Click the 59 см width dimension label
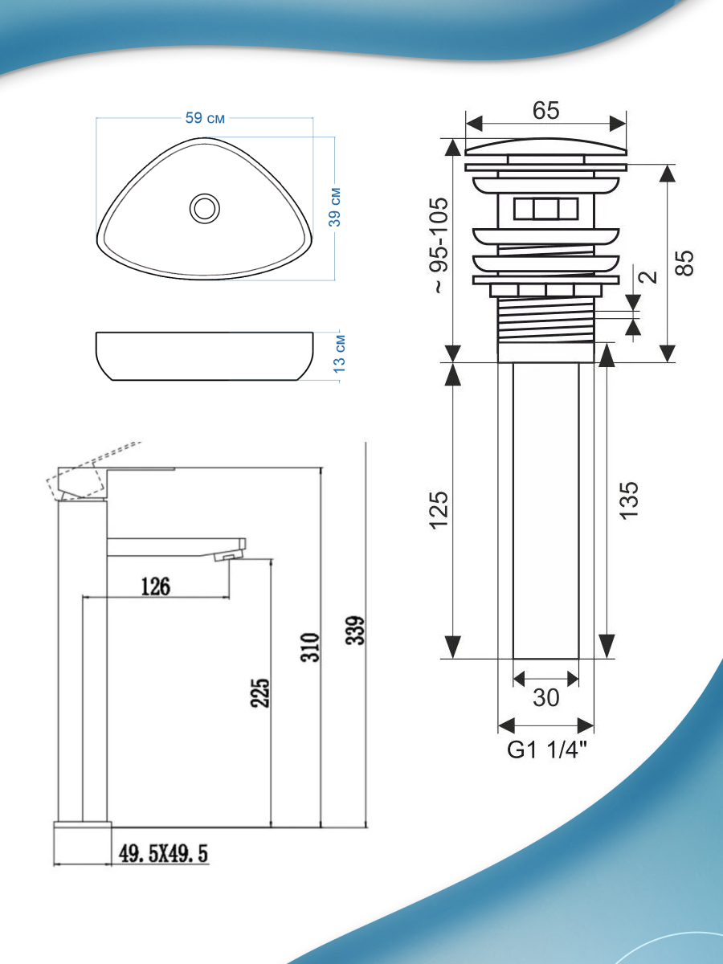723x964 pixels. (205, 118)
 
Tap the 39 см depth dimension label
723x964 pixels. (335, 207)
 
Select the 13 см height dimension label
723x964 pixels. (340, 354)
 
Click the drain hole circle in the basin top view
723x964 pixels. (205, 208)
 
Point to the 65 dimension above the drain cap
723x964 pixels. (545, 111)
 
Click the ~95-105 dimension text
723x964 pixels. (440, 245)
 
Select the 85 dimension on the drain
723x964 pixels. (684, 263)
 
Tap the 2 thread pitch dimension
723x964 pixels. (648, 276)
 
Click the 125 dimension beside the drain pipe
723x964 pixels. (439, 510)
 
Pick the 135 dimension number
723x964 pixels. (628, 500)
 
